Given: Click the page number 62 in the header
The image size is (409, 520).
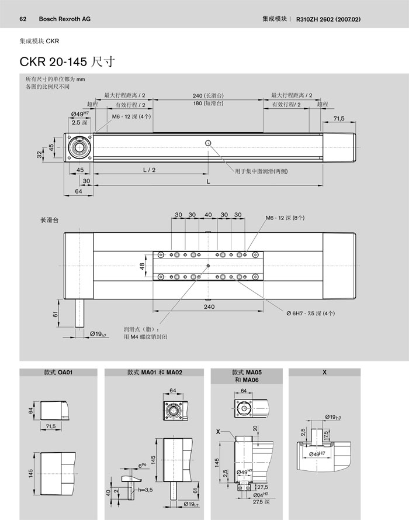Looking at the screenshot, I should tap(23, 19).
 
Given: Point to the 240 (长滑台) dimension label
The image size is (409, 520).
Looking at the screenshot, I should tap(209, 95).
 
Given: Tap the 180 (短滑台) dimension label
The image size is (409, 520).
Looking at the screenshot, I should tap(209, 104).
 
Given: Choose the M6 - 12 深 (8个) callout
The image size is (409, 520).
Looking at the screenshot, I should tap(285, 218).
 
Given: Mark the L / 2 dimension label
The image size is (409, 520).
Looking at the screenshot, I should tap(149, 170).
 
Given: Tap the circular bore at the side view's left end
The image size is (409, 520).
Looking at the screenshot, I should tap(78, 146).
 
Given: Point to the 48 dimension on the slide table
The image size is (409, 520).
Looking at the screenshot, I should tap(142, 266).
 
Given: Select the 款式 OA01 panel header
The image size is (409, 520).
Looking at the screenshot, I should tap(58, 372).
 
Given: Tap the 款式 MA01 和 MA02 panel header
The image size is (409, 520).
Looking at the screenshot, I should tap(154, 372).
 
